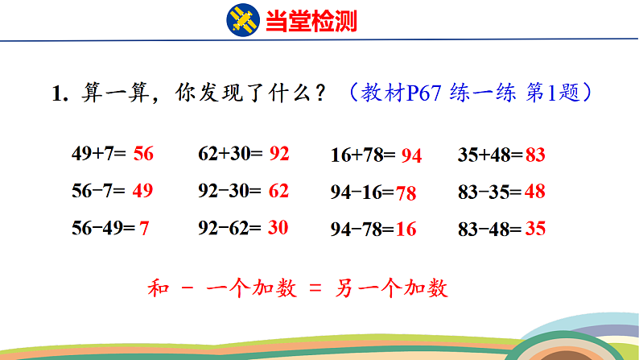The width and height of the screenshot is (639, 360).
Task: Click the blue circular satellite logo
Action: click(243, 20)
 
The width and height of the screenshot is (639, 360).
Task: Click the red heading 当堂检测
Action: click(311, 21)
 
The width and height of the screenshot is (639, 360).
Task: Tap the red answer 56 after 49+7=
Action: click(143, 154)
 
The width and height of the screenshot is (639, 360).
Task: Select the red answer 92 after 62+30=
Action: click(279, 154)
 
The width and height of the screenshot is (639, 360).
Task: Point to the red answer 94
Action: click(411, 155)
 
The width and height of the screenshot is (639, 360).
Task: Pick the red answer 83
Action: click(535, 155)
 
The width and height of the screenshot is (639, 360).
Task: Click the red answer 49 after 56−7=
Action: click(142, 190)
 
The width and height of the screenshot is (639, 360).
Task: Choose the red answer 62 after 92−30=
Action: click(278, 191)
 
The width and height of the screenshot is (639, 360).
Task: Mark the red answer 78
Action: click(406, 193)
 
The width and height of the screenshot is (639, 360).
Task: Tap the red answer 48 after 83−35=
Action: click(535, 191)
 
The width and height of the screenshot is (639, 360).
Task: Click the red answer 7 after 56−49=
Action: click(144, 228)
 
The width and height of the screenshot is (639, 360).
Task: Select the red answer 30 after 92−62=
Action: click(278, 227)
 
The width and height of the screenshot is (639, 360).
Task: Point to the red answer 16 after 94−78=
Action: click(406, 230)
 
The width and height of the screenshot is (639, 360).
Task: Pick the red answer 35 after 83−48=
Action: click(535, 228)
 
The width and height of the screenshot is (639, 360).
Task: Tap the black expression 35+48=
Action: click(490, 155)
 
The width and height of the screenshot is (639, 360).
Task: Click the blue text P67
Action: click(424, 93)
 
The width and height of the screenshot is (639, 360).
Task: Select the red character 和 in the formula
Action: click(158, 288)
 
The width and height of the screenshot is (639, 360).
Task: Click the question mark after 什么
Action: click(321, 93)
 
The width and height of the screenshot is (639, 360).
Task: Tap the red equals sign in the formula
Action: click(315, 288)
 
